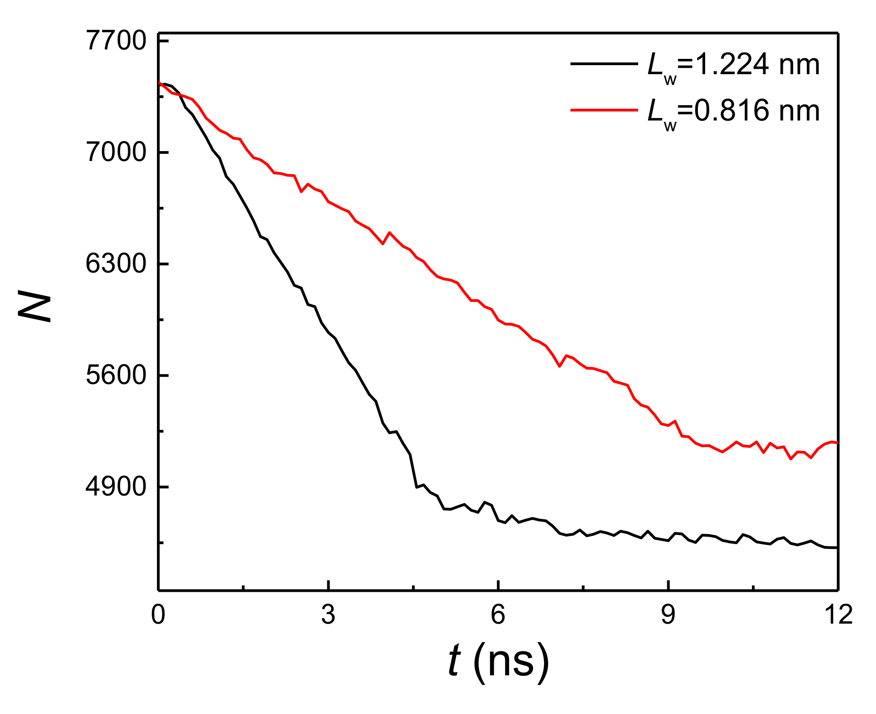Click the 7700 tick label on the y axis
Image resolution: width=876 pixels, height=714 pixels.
tap(110, 41)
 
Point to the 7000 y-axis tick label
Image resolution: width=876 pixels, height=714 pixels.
tap(110, 152)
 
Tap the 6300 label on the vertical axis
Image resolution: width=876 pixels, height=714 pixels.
tap(110, 264)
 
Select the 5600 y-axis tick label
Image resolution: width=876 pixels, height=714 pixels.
tap(110, 375)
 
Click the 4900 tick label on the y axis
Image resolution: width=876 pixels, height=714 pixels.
tap(110, 487)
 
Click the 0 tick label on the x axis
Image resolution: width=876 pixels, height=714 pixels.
tap(158, 614)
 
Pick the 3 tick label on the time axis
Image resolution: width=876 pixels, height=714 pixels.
tap(328, 614)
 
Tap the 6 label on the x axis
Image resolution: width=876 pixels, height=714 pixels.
tap(498, 614)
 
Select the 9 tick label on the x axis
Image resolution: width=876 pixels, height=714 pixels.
tap(668, 614)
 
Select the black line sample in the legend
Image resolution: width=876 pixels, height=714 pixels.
tap(604, 64)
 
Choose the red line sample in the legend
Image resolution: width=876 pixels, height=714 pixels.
tap(604, 110)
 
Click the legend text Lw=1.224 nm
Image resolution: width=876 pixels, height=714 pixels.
tap(733, 66)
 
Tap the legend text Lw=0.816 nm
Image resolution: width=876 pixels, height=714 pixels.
tap(733, 112)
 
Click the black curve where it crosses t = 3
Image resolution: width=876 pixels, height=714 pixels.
tap(328, 332)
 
